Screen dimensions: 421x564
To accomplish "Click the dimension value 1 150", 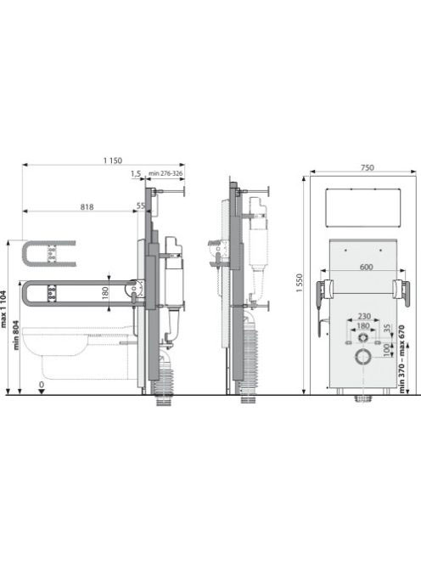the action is [x=113, y=161].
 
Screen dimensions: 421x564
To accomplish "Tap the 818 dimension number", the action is [x=87, y=206].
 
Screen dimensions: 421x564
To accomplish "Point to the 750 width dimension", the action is [x=367, y=167].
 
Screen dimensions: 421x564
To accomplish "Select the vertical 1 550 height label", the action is [x=300, y=283].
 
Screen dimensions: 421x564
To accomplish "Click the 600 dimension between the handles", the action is [x=366, y=267].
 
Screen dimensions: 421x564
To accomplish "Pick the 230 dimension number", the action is [x=364, y=316].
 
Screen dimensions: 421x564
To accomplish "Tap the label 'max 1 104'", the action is [x=4, y=308].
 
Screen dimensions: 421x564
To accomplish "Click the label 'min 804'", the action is [x=16, y=336].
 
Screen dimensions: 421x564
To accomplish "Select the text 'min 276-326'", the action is [x=166, y=173].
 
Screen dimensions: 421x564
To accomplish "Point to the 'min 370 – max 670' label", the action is [x=401, y=359].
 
